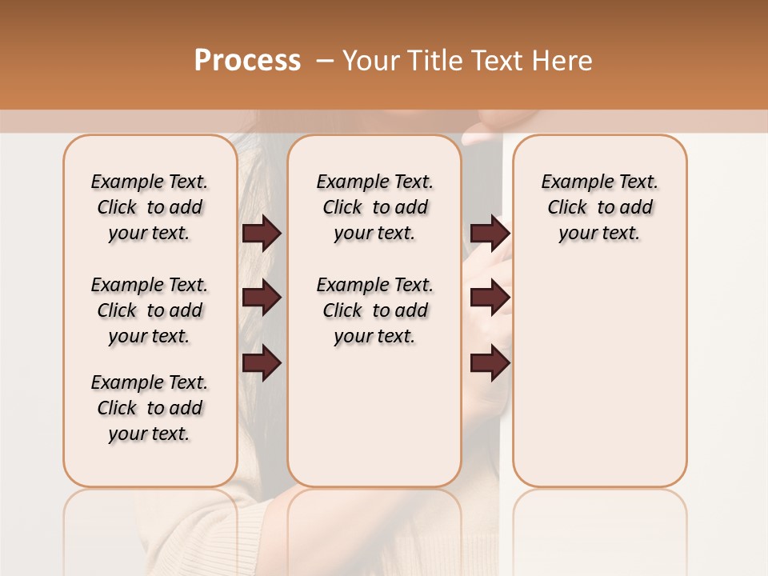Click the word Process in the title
tap(247, 60)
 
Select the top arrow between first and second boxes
tap(262, 233)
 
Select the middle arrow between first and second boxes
tap(262, 298)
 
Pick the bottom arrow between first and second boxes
tap(262, 362)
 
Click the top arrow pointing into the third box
tap(490, 233)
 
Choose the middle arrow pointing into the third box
tap(490, 298)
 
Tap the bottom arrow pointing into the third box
tap(490, 362)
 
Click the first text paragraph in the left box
tap(150, 207)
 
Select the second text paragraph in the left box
tap(150, 310)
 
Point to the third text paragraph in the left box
tap(150, 408)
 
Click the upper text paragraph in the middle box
tap(374, 207)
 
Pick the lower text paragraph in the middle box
tap(374, 310)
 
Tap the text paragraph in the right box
tap(599, 207)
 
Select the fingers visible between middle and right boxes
tap(486, 264)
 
